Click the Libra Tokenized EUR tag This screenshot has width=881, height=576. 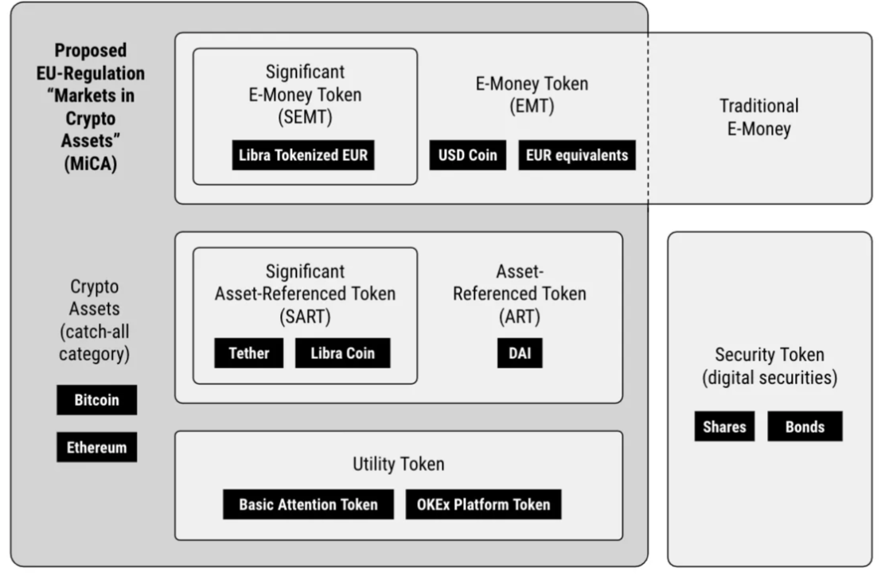[303, 155]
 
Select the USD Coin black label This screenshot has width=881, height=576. [467, 155]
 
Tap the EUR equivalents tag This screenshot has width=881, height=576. [577, 155]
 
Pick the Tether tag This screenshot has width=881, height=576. [248, 353]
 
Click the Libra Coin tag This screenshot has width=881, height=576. [342, 353]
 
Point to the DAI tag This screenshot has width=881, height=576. [520, 353]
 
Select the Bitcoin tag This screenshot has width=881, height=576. [96, 400]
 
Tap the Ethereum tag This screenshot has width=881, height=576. [96, 447]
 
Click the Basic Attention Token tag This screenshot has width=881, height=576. [308, 504]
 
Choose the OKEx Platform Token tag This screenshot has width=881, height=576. [483, 504]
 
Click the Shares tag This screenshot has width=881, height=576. [724, 426]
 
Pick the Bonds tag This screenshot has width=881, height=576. [805, 426]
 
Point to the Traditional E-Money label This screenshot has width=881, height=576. [758, 117]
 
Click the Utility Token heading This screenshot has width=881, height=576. [398, 464]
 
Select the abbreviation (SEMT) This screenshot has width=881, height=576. [305, 117]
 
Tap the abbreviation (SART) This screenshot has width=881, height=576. [305, 316]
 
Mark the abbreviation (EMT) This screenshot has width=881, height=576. [532, 106]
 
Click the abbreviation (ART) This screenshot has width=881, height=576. [520, 316]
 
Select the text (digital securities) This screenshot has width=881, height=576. [769, 378]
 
